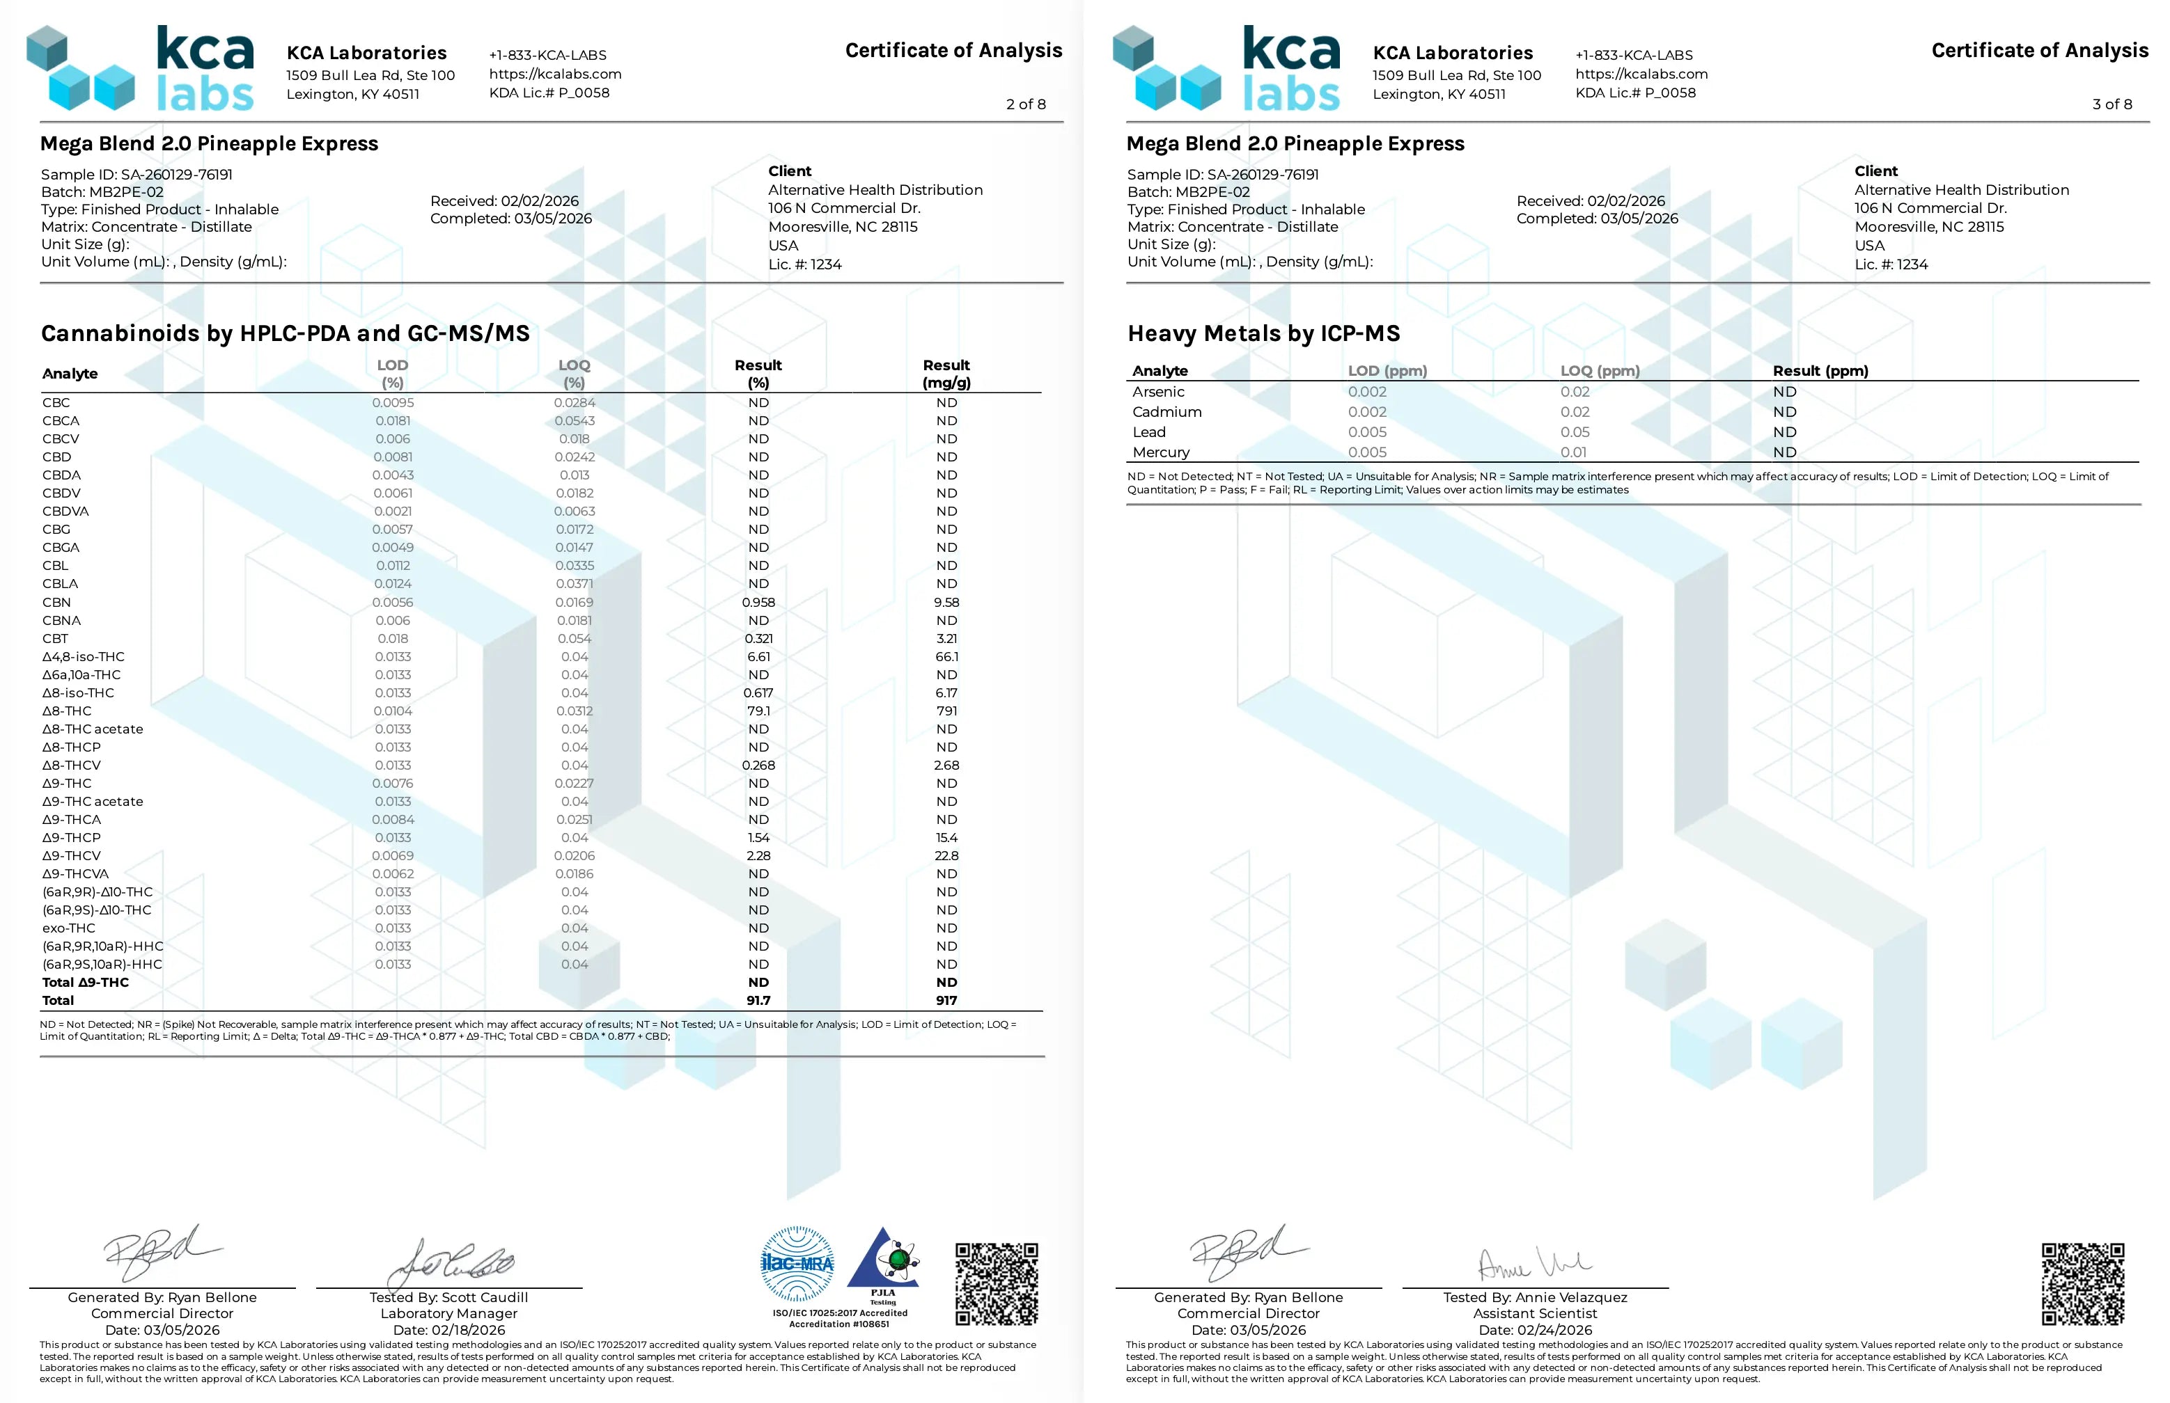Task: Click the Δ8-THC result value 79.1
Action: point(758,711)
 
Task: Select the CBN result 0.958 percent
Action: point(758,602)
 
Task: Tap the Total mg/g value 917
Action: point(946,1000)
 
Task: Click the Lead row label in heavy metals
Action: point(1148,432)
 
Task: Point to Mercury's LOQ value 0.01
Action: point(1573,452)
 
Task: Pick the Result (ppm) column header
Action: point(1819,371)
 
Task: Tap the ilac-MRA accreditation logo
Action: point(797,1264)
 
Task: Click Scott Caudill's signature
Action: point(450,1262)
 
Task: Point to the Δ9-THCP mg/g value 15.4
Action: point(946,837)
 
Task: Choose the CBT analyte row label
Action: point(55,639)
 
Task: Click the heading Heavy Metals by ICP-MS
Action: point(1263,333)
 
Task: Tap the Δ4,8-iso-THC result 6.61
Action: point(758,657)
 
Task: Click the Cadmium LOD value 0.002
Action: point(1367,412)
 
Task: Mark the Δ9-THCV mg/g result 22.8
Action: point(946,855)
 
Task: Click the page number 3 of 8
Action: point(2112,104)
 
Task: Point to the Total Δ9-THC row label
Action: point(86,982)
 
